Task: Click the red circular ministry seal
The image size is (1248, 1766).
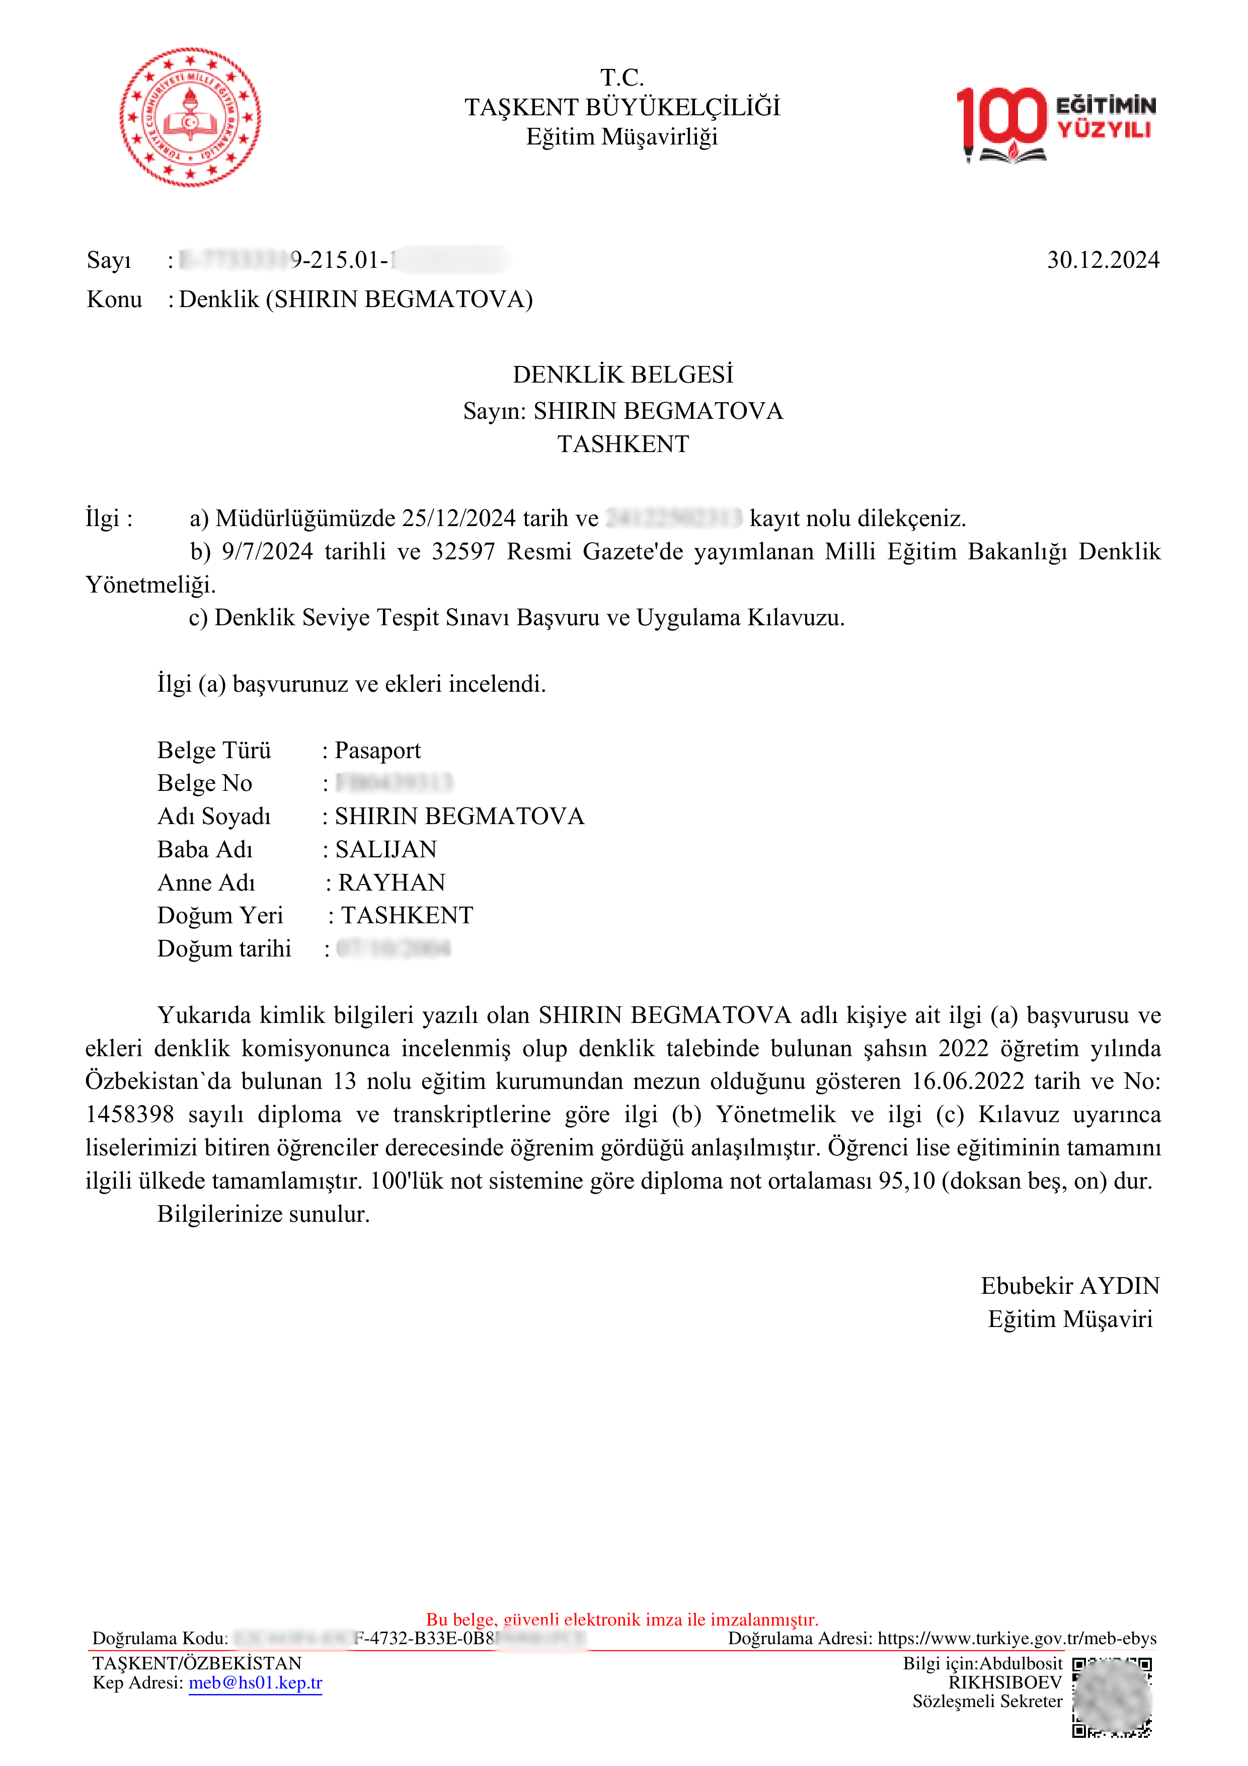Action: (190, 117)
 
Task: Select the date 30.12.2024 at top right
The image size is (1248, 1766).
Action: (1103, 260)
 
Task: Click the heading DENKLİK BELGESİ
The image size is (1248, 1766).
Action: (623, 375)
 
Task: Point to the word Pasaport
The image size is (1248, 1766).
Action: (377, 750)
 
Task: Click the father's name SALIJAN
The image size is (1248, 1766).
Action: (386, 849)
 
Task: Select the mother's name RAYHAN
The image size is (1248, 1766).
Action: (392, 882)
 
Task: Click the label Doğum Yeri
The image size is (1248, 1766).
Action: (220, 915)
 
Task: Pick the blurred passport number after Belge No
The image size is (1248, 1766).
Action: (395, 783)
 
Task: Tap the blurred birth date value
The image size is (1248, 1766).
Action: (394, 948)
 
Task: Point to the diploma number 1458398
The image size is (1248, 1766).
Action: (130, 1115)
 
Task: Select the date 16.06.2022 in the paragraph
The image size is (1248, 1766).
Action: (967, 1081)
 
